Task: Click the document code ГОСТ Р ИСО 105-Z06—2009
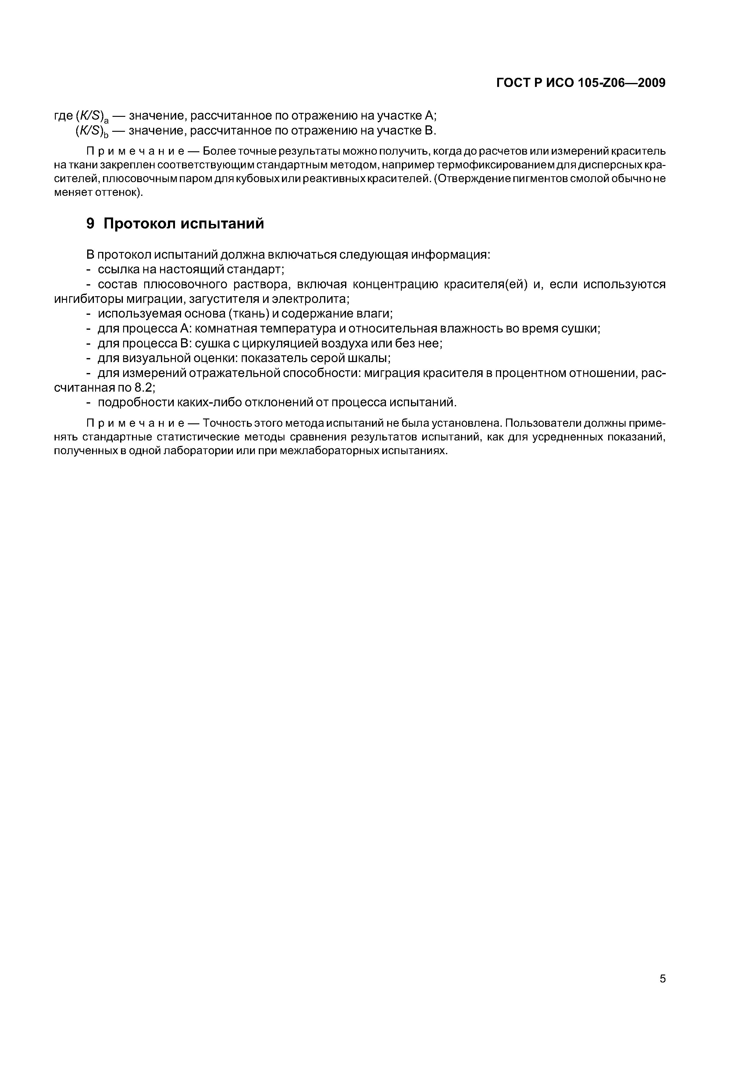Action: click(x=580, y=83)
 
